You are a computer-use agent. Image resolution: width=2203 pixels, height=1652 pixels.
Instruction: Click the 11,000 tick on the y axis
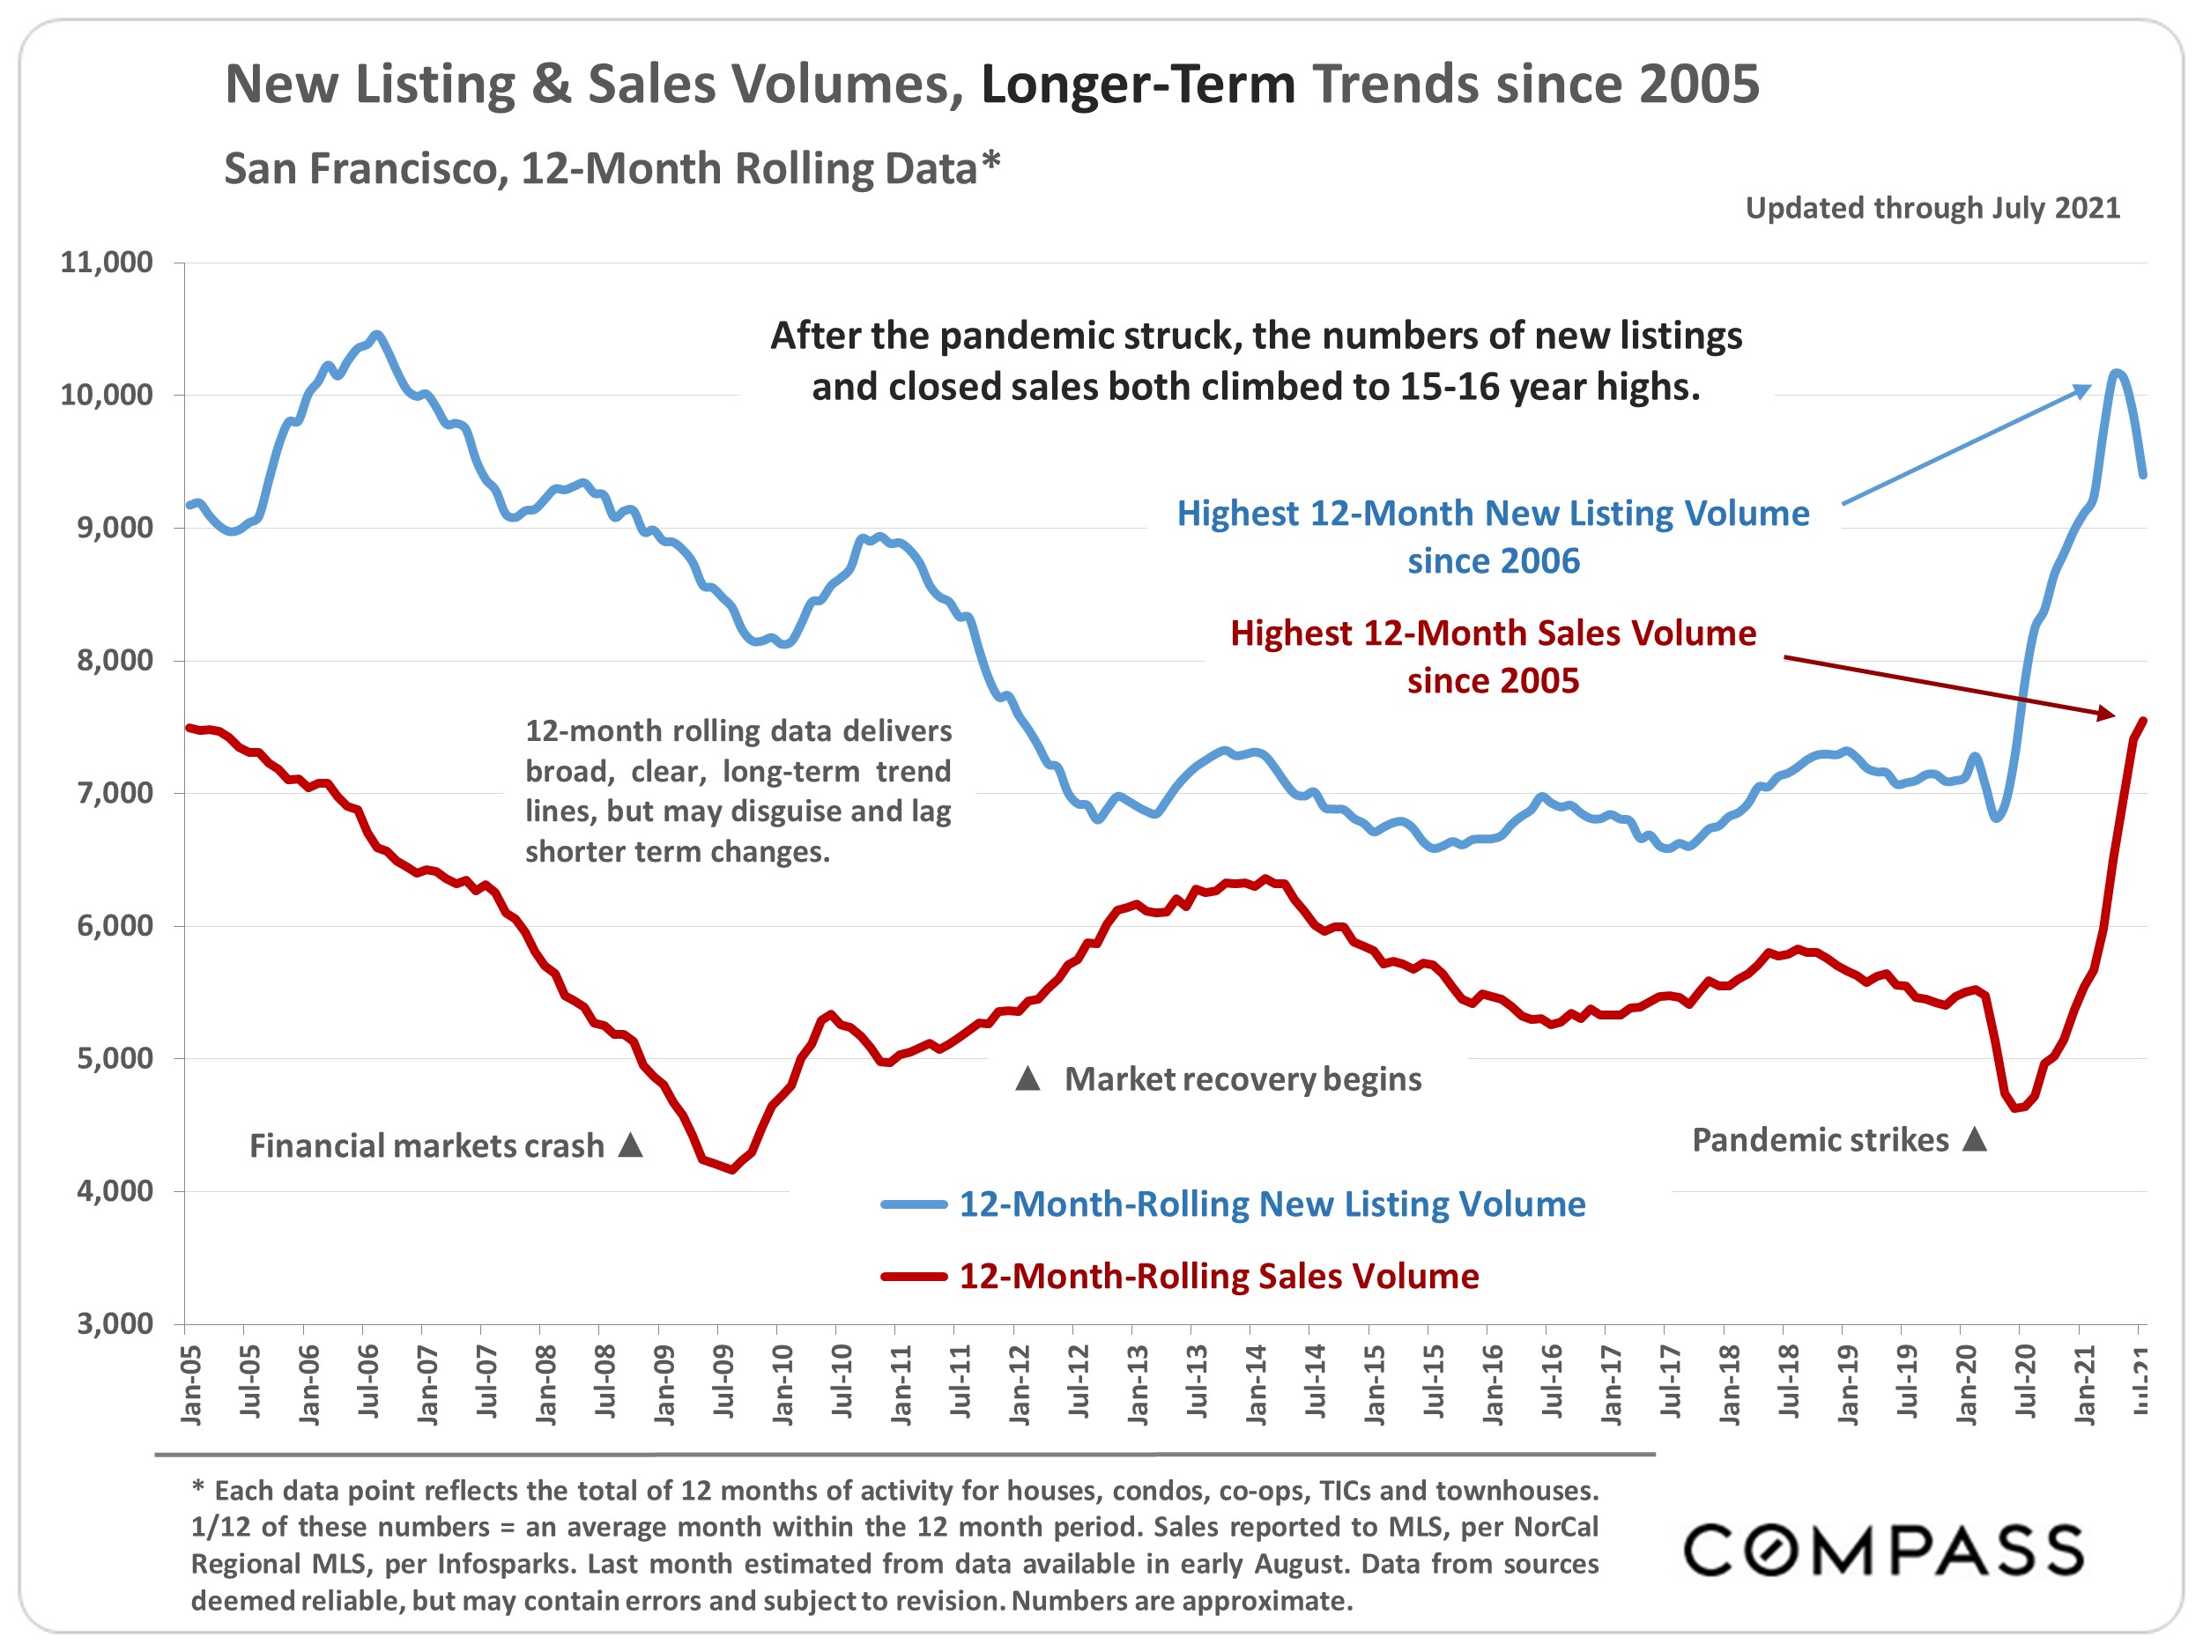(107, 263)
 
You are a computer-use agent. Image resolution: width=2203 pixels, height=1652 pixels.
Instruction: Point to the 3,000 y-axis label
(115, 1323)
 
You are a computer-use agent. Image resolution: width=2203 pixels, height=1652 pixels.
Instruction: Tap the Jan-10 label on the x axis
(783, 1384)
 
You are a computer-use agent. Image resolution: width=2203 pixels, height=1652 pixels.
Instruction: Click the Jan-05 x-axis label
(191, 1384)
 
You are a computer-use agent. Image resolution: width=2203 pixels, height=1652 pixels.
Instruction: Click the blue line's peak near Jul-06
(375, 336)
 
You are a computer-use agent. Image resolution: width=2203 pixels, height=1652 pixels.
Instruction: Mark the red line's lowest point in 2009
(733, 1169)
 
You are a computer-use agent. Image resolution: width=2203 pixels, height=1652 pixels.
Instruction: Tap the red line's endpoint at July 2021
(2143, 721)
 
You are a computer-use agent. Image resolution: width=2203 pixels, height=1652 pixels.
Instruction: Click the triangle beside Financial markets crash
(630, 1145)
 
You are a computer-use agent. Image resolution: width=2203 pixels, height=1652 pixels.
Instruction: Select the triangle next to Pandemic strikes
(1975, 1139)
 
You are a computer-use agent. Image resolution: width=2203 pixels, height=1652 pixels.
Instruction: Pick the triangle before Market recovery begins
(1027, 1078)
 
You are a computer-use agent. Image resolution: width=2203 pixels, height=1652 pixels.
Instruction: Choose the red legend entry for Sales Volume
(1218, 1277)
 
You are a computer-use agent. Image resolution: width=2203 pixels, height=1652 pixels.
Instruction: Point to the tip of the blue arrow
(2089, 387)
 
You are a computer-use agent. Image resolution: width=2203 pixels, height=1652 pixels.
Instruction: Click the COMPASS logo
(1883, 1551)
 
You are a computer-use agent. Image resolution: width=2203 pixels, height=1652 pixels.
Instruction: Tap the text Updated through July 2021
(1932, 208)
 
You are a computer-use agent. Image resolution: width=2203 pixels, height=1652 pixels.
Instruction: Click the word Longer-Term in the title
(1138, 84)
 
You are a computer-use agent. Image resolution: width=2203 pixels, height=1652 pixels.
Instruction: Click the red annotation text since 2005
(1492, 681)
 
